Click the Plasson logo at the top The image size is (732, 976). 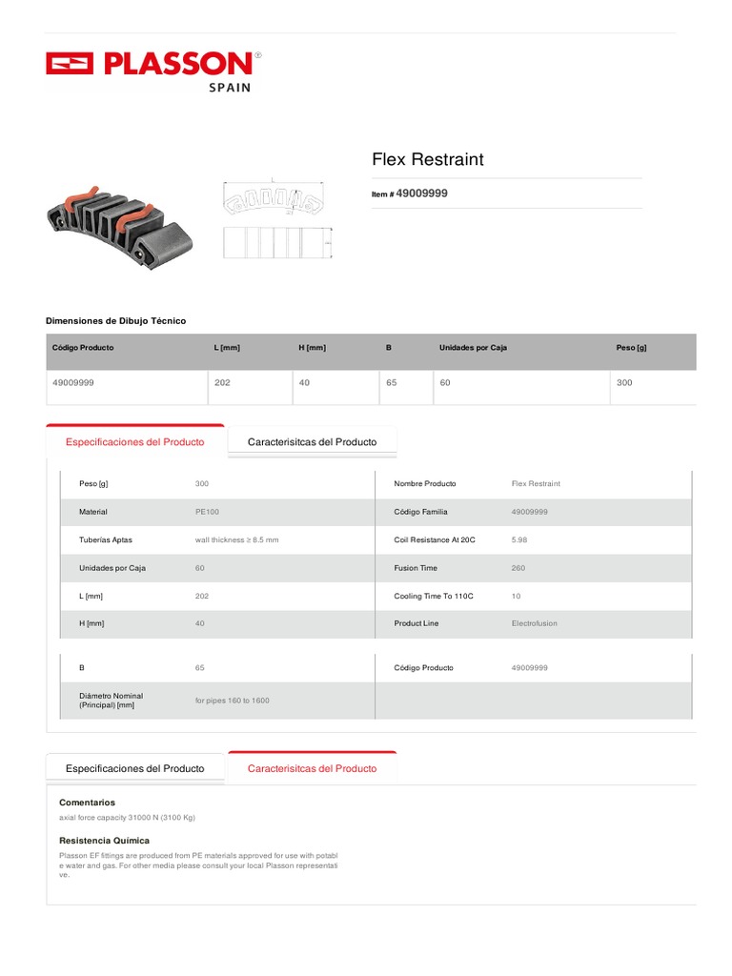coord(152,67)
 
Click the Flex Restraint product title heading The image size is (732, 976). coord(427,159)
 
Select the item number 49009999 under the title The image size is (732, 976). coord(420,193)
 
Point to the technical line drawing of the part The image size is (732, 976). coord(276,219)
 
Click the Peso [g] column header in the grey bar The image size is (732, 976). coord(631,348)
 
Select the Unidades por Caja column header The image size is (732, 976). coord(473,348)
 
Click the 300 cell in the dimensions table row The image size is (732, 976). coord(624,382)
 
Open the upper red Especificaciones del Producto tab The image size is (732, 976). coord(134,442)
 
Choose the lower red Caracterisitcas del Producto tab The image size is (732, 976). coord(312,768)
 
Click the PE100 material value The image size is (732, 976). coord(206,512)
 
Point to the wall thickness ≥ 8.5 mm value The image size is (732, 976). coord(236,539)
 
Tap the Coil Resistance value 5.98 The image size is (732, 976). coord(519,539)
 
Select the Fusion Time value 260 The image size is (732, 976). coord(518,568)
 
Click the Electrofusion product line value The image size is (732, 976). coord(535,623)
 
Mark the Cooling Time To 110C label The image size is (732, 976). coord(434,596)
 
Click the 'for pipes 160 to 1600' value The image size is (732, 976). coord(232,701)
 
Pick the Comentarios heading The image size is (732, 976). coord(87,803)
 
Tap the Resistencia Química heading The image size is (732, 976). coord(104,841)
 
